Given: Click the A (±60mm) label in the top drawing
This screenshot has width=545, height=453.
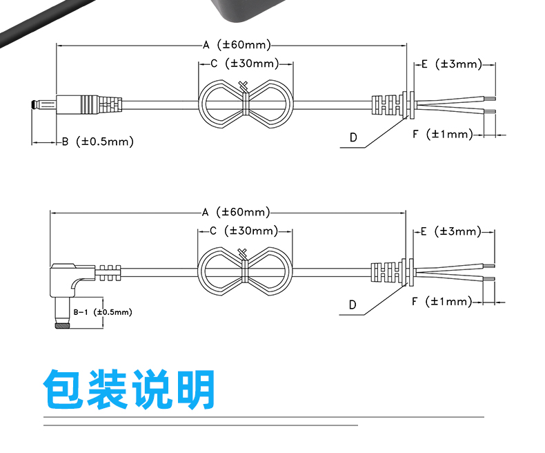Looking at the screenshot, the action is click(237, 44).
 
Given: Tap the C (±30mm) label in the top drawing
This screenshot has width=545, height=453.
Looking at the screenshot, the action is click(245, 64).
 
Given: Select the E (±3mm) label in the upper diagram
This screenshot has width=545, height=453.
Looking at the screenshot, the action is click(451, 64).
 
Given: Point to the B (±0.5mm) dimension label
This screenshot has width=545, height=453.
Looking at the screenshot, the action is click(98, 142).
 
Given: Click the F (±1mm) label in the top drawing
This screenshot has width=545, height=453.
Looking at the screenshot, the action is click(443, 134).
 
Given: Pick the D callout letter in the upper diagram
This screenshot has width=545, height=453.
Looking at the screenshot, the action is click(353, 137).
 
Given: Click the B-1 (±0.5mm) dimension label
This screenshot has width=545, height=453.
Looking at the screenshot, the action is click(103, 311).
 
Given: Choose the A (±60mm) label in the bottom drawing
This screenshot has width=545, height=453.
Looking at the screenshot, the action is click(236, 212).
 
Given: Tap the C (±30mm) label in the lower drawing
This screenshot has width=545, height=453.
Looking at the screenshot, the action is click(244, 231).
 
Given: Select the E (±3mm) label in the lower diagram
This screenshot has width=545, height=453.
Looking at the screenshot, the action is click(450, 231).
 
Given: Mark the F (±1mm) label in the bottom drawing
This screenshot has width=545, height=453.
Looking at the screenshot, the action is click(442, 301).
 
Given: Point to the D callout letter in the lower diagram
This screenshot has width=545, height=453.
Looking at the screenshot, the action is click(353, 305).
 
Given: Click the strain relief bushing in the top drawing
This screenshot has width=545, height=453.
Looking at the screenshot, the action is click(393, 105).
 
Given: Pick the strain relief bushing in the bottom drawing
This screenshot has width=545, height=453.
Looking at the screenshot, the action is click(393, 272).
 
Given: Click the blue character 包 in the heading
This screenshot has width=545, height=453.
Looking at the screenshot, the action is click(63, 389).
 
